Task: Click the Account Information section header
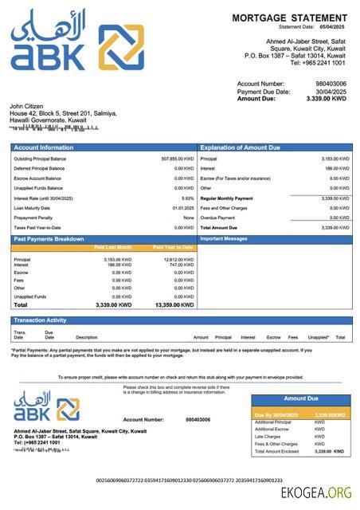pos(43,147)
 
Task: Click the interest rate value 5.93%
pos(187,198)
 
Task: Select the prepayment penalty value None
pos(188,218)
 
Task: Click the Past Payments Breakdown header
pos(49,238)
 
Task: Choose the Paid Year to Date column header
pos(173,247)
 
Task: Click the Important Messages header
pos(224,238)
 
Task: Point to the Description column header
pos(86,337)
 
